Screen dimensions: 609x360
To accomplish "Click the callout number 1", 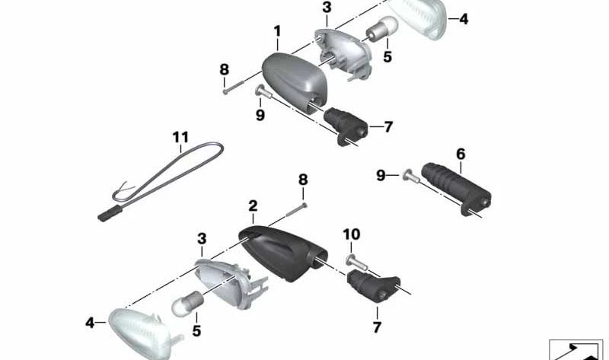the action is click(277, 31).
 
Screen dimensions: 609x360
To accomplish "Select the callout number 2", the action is click(253, 205).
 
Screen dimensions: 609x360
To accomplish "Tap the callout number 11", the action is click(180, 137).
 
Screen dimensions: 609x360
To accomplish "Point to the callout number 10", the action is click(352, 234).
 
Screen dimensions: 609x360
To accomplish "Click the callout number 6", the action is click(461, 155).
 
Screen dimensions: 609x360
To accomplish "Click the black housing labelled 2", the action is click(282, 253).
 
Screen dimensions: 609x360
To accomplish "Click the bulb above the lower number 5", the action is click(187, 303).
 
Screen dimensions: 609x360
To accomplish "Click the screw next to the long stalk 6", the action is click(411, 177).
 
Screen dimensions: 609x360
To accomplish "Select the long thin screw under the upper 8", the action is click(233, 87).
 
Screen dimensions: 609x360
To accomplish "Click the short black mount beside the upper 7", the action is click(346, 126).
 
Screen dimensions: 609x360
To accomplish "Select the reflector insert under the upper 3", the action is click(343, 53).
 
